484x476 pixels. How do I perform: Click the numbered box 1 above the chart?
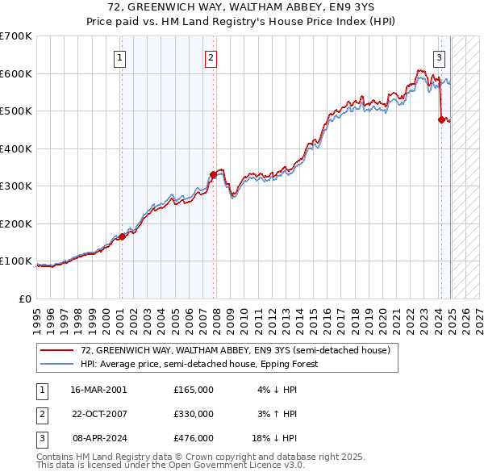pyautogui.click(x=119, y=57)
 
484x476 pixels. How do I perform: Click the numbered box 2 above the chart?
pyautogui.click(x=211, y=57)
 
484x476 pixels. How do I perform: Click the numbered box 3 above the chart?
pyautogui.click(x=439, y=57)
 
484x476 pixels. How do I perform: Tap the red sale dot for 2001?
pyautogui.click(x=122, y=236)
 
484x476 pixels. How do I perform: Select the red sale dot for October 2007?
pyautogui.click(x=213, y=174)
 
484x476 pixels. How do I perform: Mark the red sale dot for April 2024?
pyautogui.click(x=441, y=119)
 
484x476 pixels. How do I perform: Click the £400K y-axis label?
pyautogui.click(x=15, y=148)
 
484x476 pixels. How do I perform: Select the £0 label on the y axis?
pyautogui.click(x=25, y=299)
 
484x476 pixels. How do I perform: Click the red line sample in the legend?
pyautogui.click(x=56, y=351)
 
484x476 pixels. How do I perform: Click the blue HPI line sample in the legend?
pyautogui.click(x=56, y=364)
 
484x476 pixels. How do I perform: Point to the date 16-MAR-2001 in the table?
pyautogui.click(x=98, y=389)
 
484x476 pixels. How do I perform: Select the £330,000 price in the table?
pyautogui.click(x=194, y=414)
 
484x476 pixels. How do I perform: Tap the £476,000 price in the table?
pyautogui.click(x=194, y=439)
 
